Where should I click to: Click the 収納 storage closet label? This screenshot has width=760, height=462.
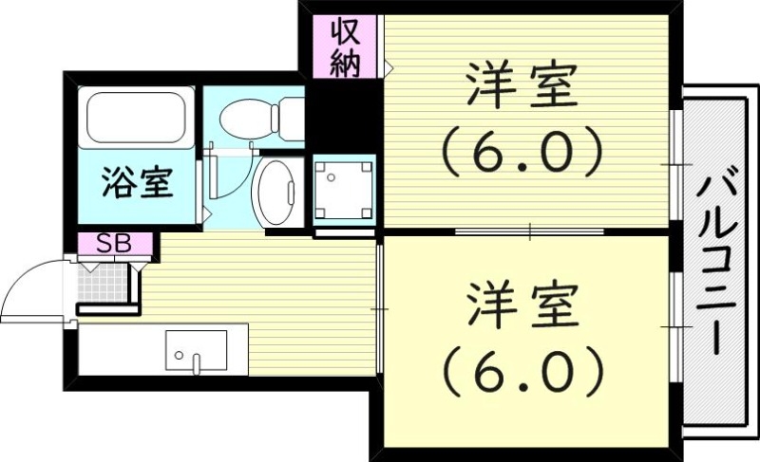[x=346, y=46]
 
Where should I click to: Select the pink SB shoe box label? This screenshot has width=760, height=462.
[x=114, y=243]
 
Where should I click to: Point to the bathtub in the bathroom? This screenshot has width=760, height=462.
[x=136, y=119]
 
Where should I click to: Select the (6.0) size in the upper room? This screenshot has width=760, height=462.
[x=521, y=151]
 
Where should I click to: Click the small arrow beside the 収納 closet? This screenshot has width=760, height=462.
[x=389, y=66]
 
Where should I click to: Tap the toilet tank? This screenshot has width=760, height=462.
[x=291, y=119]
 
